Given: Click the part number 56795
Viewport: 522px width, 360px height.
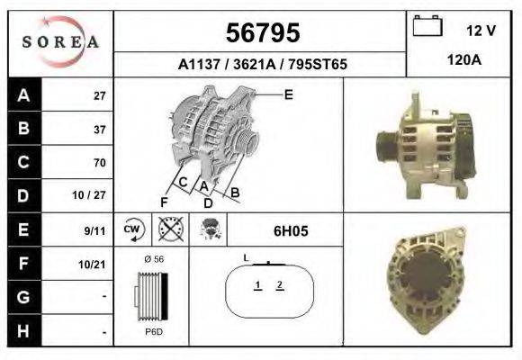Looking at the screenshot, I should pyautogui.click(x=261, y=33).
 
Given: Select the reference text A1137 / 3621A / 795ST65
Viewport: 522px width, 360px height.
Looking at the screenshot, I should pyautogui.click(x=261, y=65).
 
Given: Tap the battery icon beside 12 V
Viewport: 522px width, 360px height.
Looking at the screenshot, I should pyautogui.click(x=427, y=27).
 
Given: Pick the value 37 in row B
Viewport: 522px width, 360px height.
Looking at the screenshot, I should pyautogui.click(x=99, y=129).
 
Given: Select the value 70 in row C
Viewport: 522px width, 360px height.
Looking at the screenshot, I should pyautogui.click(x=99, y=163).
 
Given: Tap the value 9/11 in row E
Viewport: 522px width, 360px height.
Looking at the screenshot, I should pyautogui.click(x=95, y=230).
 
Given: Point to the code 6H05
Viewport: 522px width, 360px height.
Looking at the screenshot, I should pyautogui.click(x=291, y=230).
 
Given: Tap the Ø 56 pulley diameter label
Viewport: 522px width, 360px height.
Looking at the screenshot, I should pyautogui.click(x=154, y=259).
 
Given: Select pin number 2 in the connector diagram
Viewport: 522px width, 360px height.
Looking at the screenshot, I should pyautogui.click(x=280, y=285).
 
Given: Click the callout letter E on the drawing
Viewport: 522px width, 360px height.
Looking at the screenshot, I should pyautogui.click(x=288, y=94).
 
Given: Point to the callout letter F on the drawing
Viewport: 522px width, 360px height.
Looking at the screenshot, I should pyautogui.click(x=165, y=201).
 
